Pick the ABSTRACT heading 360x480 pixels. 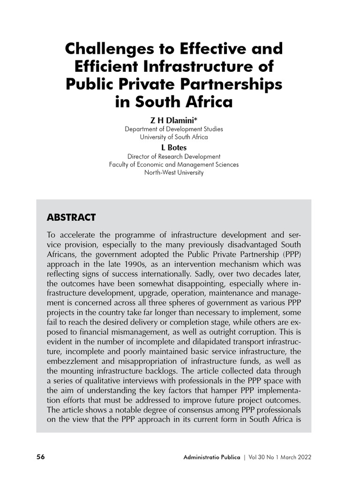(71, 217)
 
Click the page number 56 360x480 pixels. (40, 457)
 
